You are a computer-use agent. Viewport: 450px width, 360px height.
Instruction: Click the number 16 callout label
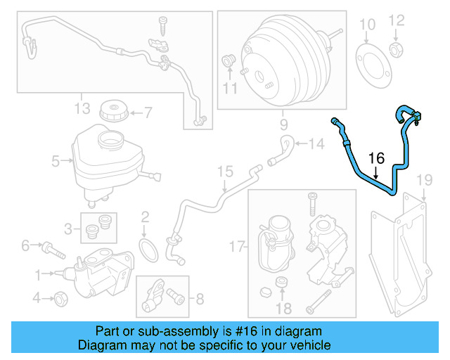(x=376, y=157)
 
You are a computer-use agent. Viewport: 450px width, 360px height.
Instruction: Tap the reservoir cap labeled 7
(x=112, y=110)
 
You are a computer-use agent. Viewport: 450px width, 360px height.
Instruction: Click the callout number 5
(x=56, y=162)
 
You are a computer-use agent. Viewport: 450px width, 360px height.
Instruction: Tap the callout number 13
(x=82, y=108)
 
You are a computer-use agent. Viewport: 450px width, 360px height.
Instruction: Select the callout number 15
(x=224, y=171)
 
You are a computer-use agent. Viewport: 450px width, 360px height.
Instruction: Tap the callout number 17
(x=238, y=246)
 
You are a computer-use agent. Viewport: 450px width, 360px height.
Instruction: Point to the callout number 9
(x=284, y=127)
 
